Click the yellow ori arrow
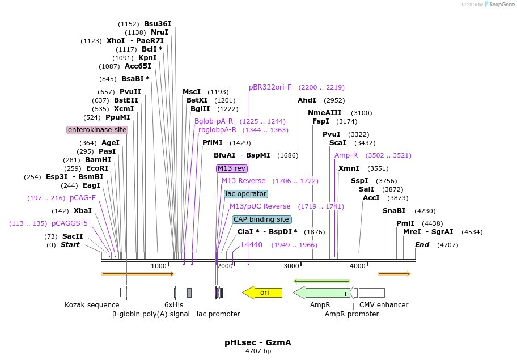click(262, 293)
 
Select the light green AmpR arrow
click(321, 293)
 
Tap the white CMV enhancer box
click(372, 293)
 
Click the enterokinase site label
click(98, 130)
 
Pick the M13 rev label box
click(232, 168)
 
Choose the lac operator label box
click(246, 194)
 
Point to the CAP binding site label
click(261, 219)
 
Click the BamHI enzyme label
click(98, 160)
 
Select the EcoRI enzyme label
click(98, 168)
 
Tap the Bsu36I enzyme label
click(158, 24)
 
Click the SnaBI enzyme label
click(394, 211)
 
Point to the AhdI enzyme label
click(307, 100)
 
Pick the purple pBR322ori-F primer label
click(270, 87)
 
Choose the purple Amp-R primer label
click(346, 155)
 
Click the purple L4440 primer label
click(252, 245)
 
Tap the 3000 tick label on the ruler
click(291, 266)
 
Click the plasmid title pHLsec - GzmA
click(258, 342)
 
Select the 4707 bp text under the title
click(258, 351)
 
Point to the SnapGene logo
click(499, 5)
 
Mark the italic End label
click(422, 245)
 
